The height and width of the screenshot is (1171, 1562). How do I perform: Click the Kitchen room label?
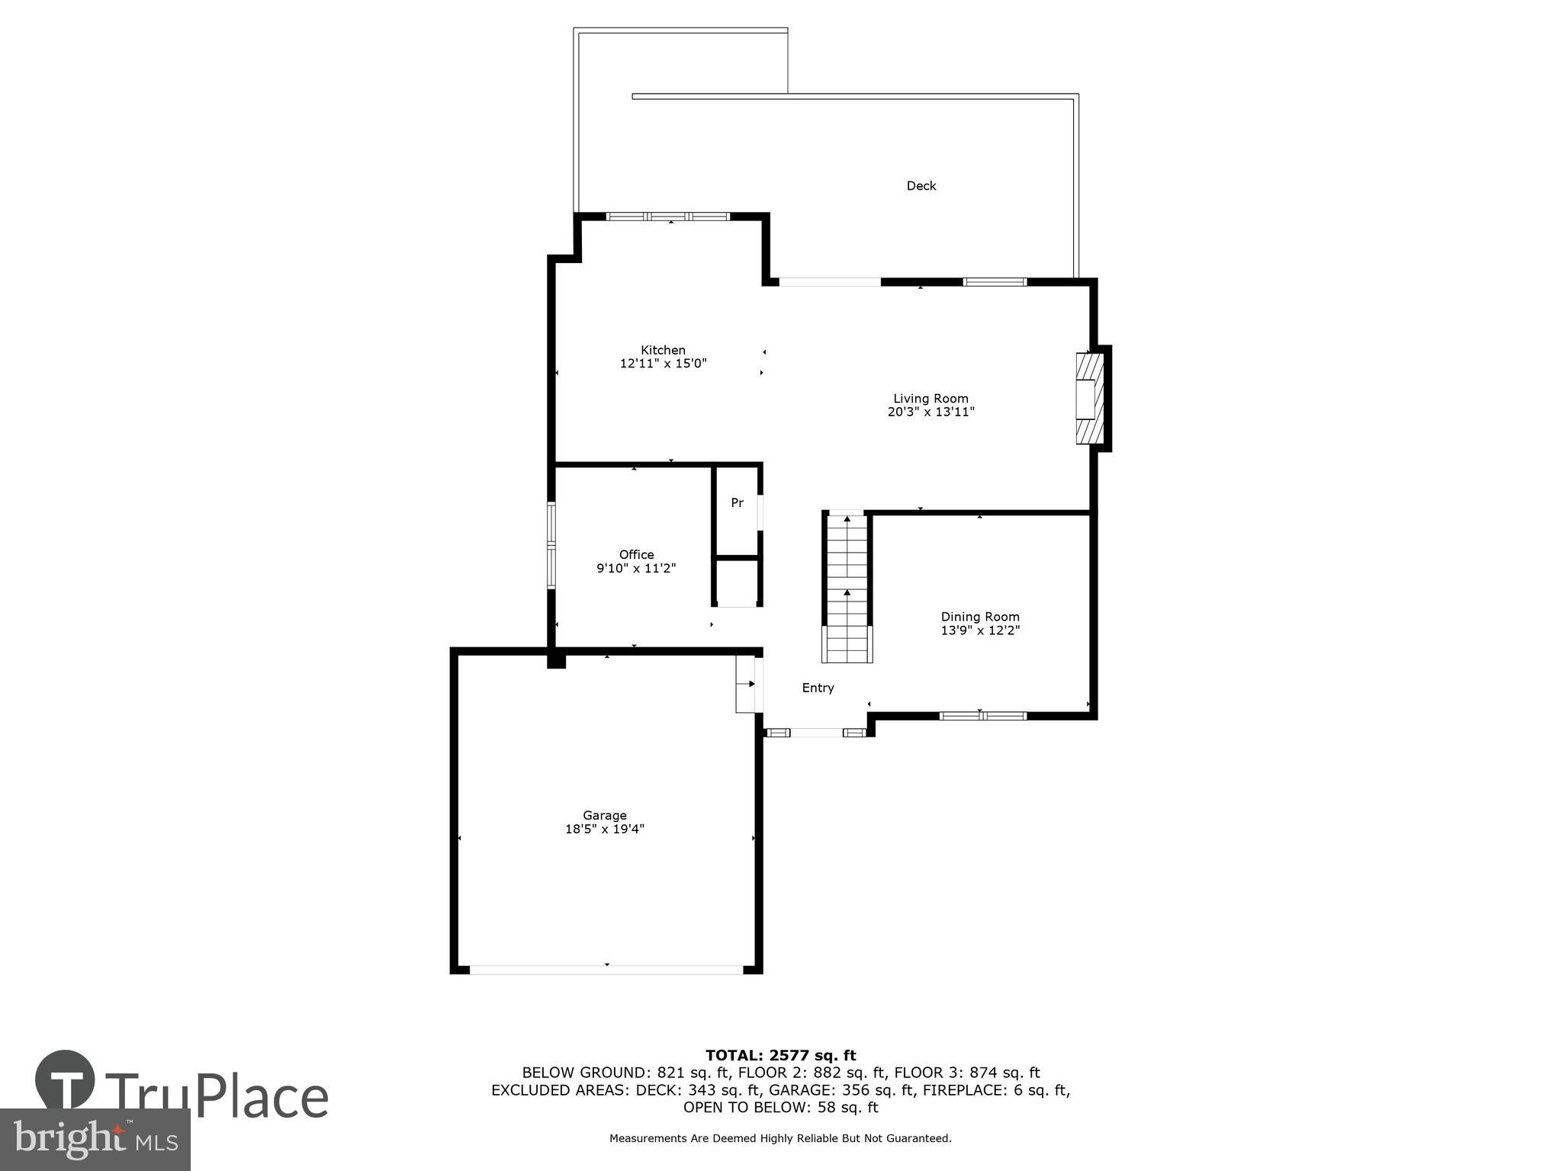tap(662, 350)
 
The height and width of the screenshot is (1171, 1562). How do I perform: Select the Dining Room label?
tap(979, 617)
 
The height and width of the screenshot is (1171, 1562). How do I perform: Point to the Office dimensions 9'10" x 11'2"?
tap(636, 568)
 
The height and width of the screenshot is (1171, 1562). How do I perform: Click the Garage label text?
tap(604, 815)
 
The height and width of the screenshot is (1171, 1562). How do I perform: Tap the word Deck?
tap(921, 185)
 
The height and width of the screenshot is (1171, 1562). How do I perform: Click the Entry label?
tap(818, 688)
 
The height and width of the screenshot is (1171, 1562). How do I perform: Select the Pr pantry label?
tap(737, 503)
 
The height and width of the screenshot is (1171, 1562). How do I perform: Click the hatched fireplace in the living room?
tap(1089, 398)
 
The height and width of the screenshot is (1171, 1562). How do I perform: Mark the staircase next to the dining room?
tap(847, 587)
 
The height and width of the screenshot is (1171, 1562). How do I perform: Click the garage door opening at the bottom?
tap(606, 970)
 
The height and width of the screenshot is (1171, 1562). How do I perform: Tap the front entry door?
tap(816, 733)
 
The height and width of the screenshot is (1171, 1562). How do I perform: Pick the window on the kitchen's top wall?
tap(668, 217)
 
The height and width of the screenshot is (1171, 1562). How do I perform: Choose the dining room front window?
tap(982, 716)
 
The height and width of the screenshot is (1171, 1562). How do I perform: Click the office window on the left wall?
tap(551, 545)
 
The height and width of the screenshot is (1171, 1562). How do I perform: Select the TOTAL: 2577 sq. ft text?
tap(780, 1055)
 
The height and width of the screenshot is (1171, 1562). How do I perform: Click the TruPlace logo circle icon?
tap(65, 1080)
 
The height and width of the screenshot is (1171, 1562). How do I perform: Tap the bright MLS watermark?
tap(95, 1139)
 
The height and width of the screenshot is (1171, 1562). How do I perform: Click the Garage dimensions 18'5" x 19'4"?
tap(604, 829)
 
